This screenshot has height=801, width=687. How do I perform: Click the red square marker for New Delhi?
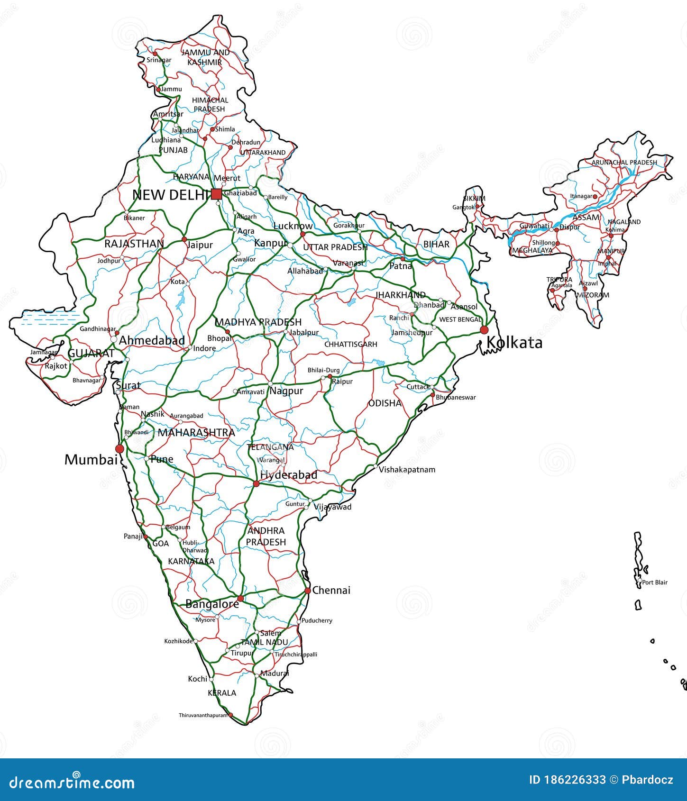[216, 194]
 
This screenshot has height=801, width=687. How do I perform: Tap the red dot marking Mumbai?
[119, 448]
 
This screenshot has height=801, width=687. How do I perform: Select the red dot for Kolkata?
[484, 330]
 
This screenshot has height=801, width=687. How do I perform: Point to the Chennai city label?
[331, 590]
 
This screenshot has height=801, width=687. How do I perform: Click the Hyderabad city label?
[289, 475]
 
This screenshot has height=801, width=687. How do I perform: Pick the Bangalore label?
[212, 604]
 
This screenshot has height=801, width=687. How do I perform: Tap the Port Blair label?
[655, 582]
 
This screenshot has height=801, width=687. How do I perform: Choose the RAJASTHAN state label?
[134, 244]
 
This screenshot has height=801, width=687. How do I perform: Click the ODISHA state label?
[385, 403]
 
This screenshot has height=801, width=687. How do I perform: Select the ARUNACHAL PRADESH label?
[624, 162]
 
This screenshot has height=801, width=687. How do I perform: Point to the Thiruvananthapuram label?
[203, 715]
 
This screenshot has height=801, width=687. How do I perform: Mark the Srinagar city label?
[159, 60]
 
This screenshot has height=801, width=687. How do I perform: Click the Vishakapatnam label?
[407, 470]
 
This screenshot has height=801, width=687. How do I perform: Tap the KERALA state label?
[222, 693]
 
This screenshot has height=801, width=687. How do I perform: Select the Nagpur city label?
[286, 391]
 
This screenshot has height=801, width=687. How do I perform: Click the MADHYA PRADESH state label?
[258, 322]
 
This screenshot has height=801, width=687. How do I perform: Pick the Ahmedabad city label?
[152, 340]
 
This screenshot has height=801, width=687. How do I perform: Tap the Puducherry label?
[317, 620]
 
